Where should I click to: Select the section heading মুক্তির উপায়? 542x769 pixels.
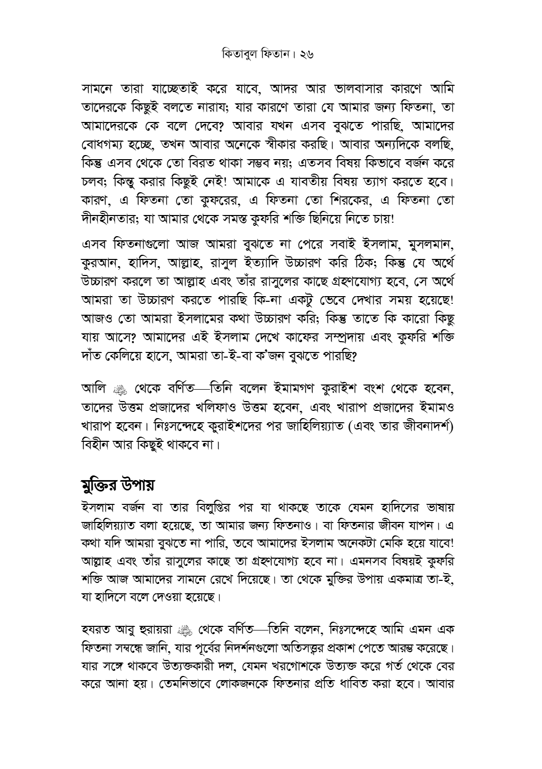pyautogui.click(x=119, y=486)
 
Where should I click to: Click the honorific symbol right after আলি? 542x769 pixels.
pyautogui.click(x=118, y=387)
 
